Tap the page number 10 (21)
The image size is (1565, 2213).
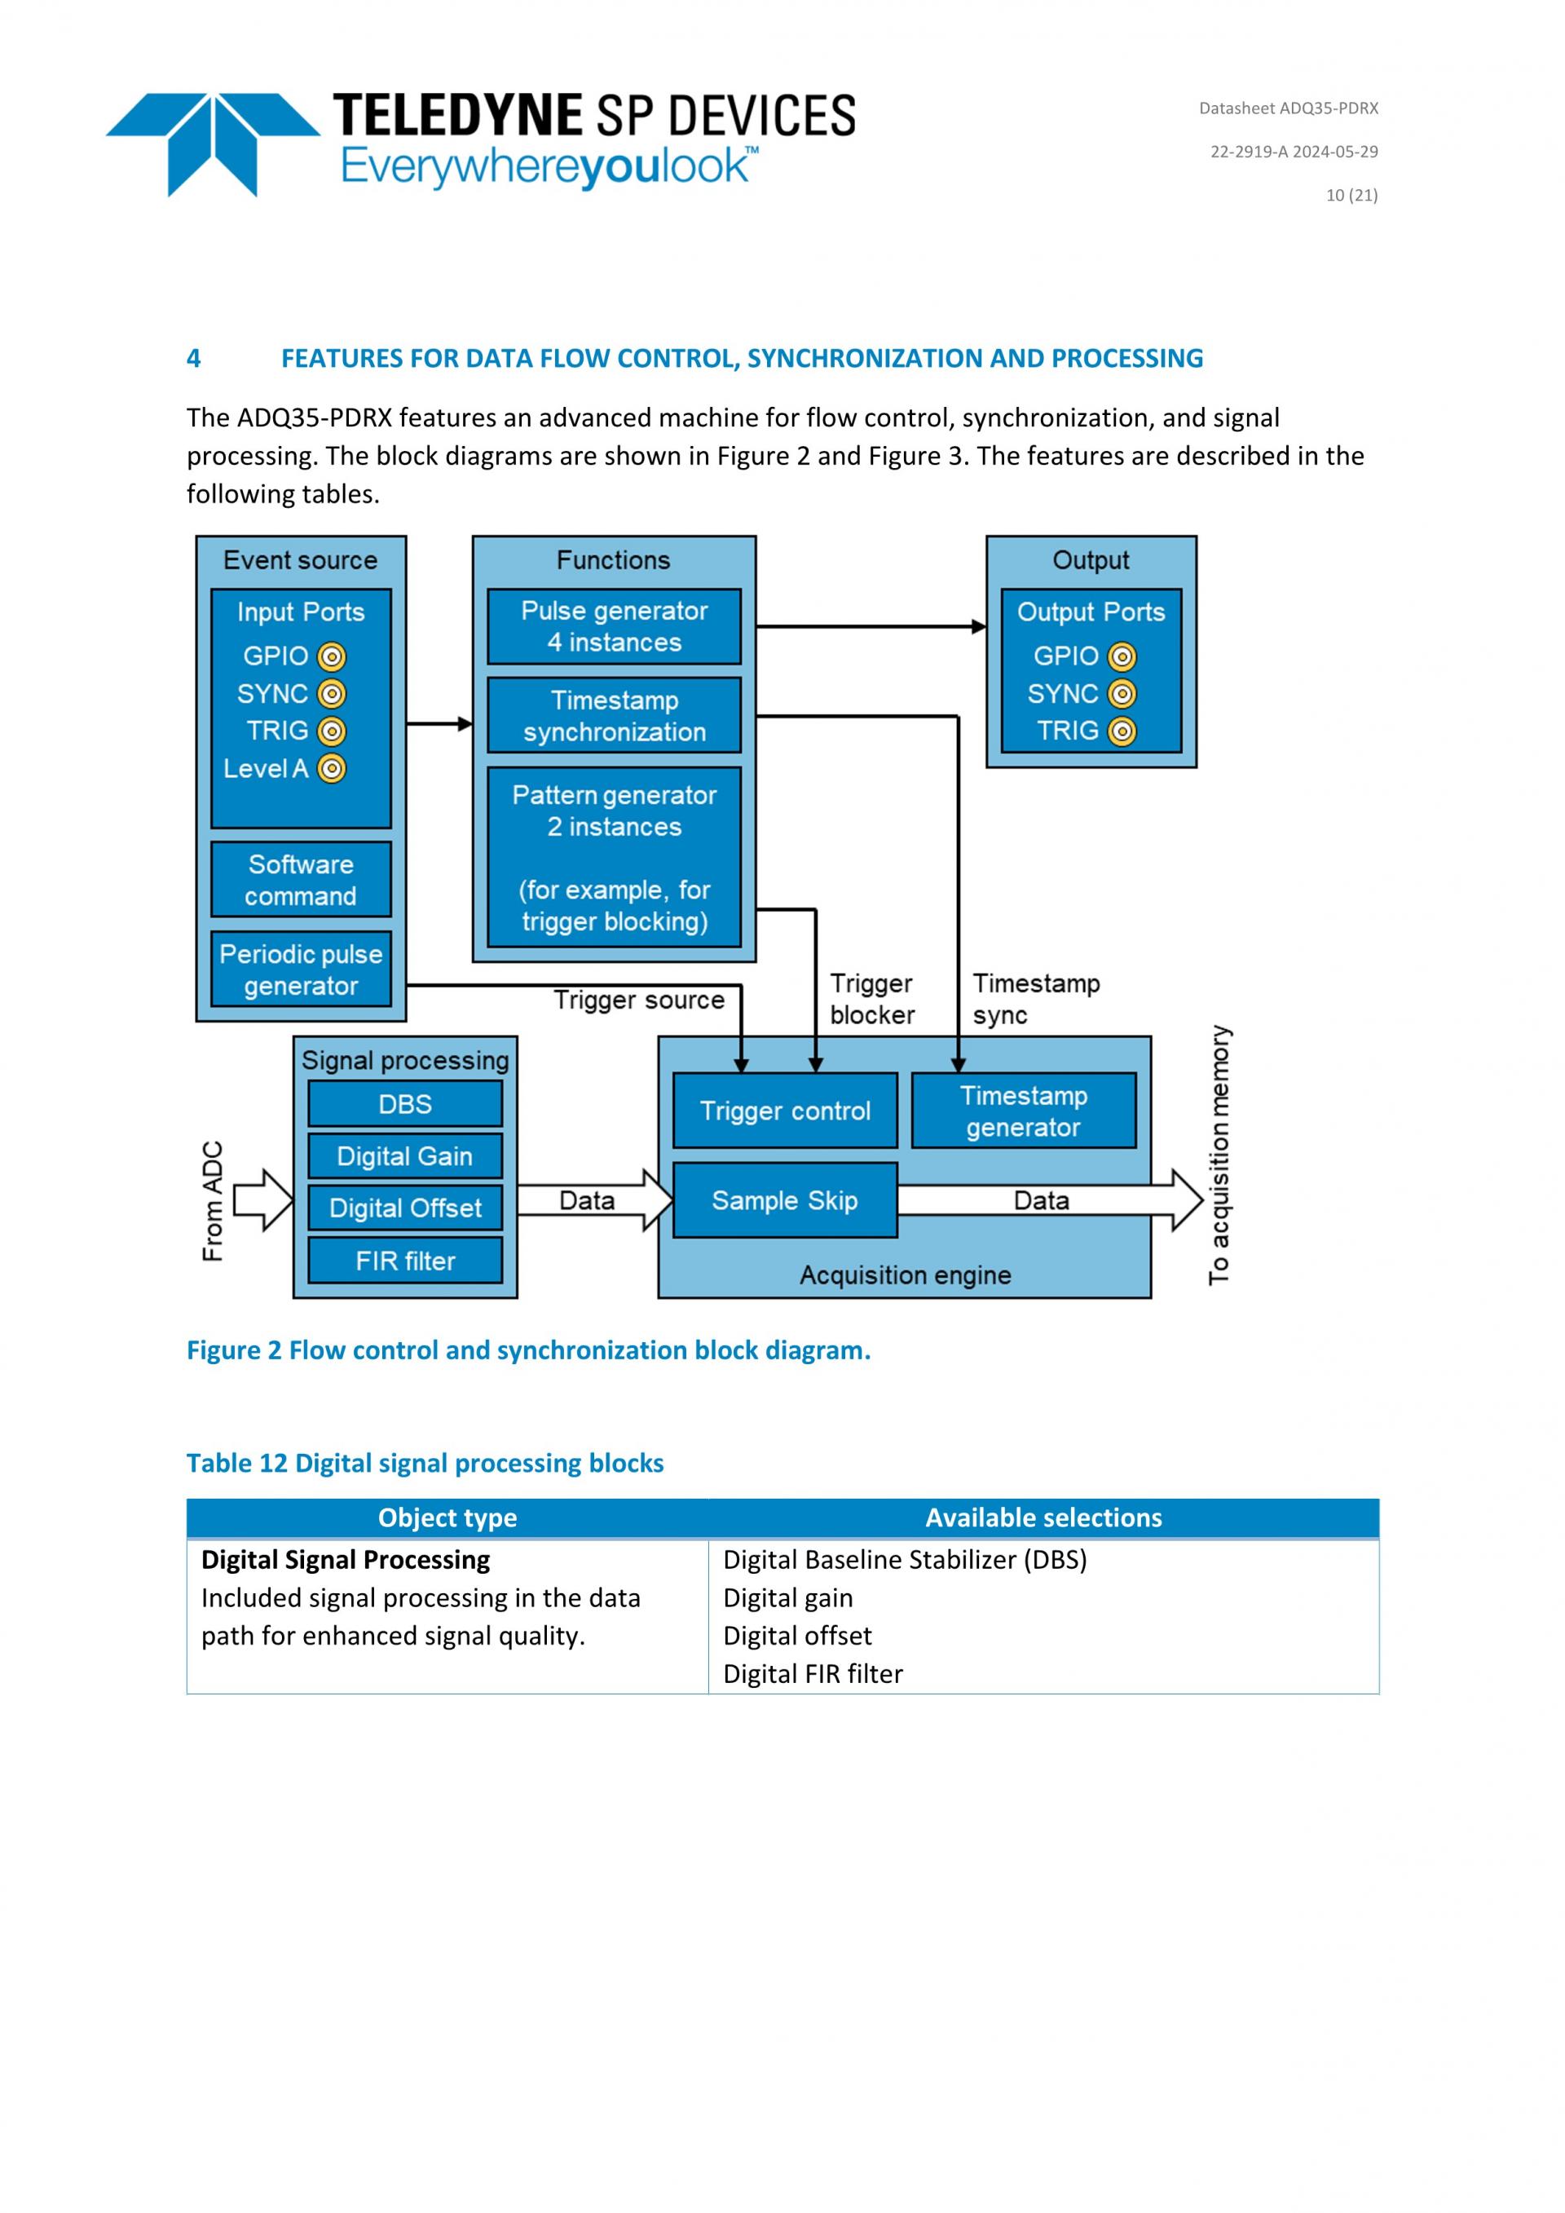pos(1351,195)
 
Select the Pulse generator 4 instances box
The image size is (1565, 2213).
pos(614,626)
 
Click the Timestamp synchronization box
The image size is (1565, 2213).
pos(614,715)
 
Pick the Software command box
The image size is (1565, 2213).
pos(301,879)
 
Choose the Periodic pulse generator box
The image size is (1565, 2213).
pos(301,969)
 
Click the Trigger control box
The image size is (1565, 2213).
pos(784,1111)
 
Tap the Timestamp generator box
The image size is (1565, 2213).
pos(1024,1111)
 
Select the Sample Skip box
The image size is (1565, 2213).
pos(784,1200)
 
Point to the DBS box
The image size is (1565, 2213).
pos(405,1103)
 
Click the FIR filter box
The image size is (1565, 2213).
pos(405,1260)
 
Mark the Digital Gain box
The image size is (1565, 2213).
pos(405,1155)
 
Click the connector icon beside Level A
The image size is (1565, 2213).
pos(332,768)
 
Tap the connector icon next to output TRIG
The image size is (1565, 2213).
pos(1122,731)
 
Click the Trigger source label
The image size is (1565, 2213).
pos(638,1000)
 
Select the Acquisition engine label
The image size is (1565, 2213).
pos(905,1274)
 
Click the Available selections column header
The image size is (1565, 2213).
pos(1043,1517)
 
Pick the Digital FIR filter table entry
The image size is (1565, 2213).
pos(813,1673)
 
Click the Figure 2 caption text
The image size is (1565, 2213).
pos(528,1349)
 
